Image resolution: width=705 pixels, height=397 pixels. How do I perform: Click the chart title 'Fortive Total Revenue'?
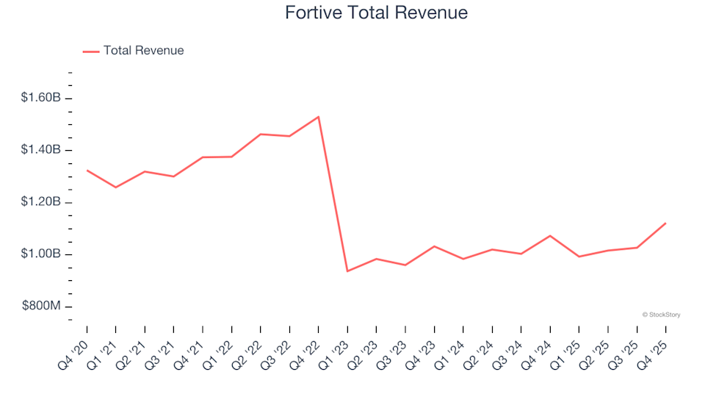pyautogui.click(x=375, y=13)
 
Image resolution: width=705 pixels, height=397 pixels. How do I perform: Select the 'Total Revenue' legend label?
pyautogui.click(x=143, y=51)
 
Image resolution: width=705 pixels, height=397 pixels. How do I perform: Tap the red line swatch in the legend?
pyautogui.click(x=91, y=51)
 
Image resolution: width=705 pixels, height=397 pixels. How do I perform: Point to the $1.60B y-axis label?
pyautogui.click(x=42, y=99)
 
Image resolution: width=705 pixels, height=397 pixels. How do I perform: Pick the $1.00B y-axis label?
pyautogui.click(x=42, y=254)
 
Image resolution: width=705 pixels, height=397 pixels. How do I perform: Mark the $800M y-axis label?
pyautogui.click(x=42, y=307)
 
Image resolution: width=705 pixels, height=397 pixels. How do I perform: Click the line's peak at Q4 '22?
pyautogui.click(x=318, y=116)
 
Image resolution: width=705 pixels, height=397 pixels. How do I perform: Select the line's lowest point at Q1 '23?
pyautogui.click(x=347, y=271)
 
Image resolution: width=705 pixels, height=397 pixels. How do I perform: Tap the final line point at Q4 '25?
pyautogui.click(x=665, y=223)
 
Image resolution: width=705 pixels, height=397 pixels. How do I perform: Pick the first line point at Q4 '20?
pyautogui.click(x=87, y=170)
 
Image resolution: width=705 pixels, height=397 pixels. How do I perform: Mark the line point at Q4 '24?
pyautogui.click(x=550, y=235)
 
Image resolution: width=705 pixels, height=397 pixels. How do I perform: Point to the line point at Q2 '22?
pyautogui.click(x=261, y=134)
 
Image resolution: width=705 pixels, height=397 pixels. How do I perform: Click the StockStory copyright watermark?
pyautogui.click(x=661, y=315)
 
